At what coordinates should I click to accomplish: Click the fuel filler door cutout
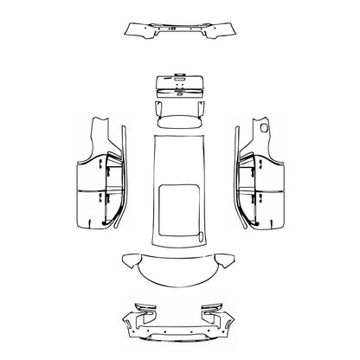tap(263, 129)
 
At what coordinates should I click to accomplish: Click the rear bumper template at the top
tap(180, 33)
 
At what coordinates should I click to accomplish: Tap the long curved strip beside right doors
tap(237, 182)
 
